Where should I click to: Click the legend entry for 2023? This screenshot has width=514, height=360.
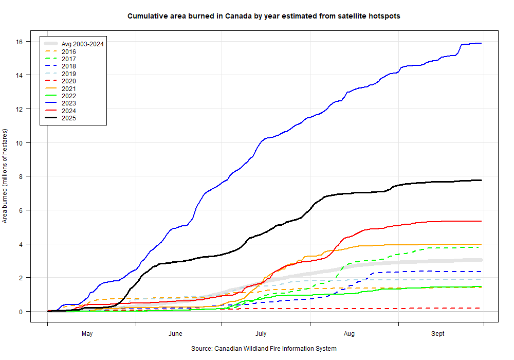(x=68, y=103)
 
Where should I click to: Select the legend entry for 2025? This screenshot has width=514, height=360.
(x=68, y=118)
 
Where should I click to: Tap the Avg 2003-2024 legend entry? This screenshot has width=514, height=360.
(x=83, y=44)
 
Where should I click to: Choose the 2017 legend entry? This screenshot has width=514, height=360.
(x=68, y=59)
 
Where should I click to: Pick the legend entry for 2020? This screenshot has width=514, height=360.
(x=68, y=81)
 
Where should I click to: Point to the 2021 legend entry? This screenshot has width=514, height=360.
(x=68, y=88)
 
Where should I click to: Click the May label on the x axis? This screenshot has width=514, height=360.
(x=87, y=334)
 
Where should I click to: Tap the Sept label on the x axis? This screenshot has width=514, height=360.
(x=438, y=334)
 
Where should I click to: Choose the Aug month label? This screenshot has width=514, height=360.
(x=349, y=334)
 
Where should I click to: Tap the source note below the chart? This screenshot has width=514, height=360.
(x=264, y=349)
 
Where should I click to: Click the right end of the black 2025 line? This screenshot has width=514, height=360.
(x=481, y=180)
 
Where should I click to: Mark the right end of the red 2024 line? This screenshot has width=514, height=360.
(x=481, y=221)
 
